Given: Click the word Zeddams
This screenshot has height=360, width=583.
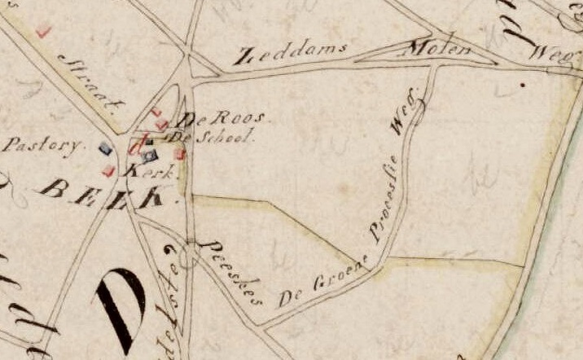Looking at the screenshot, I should [290, 54].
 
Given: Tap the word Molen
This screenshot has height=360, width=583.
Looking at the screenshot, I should [441, 49].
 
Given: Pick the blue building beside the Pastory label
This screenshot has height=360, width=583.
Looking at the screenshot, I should [104, 148].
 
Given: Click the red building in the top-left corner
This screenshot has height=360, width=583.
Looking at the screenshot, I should [43, 31].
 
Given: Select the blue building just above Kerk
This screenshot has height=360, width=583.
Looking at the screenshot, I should [149, 156].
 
